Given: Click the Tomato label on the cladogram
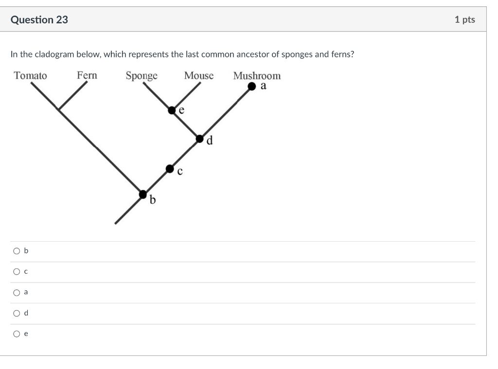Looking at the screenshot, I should (x=30, y=76).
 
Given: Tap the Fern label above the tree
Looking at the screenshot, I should (x=87, y=75).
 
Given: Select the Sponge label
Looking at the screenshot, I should (x=142, y=76).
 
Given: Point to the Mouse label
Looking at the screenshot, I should (x=198, y=76).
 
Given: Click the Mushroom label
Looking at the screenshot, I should (x=257, y=76).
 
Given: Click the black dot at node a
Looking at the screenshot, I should (x=251, y=87).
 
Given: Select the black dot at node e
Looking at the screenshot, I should (x=172, y=110).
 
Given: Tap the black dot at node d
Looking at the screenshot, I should (x=200, y=139).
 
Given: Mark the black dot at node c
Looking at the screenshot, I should (x=170, y=169).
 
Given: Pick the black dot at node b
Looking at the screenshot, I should (x=143, y=194).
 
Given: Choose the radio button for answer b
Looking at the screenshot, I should (x=17, y=251).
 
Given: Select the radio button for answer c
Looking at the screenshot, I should (x=17, y=272).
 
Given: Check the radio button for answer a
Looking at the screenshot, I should (x=17, y=293).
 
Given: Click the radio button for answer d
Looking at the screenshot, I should (x=17, y=314).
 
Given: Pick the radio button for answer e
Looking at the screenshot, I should (x=17, y=334).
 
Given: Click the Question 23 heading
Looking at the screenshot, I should (x=39, y=20).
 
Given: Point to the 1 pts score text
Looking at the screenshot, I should (x=464, y=20).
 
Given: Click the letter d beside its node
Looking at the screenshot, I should (x=210, y=141).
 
